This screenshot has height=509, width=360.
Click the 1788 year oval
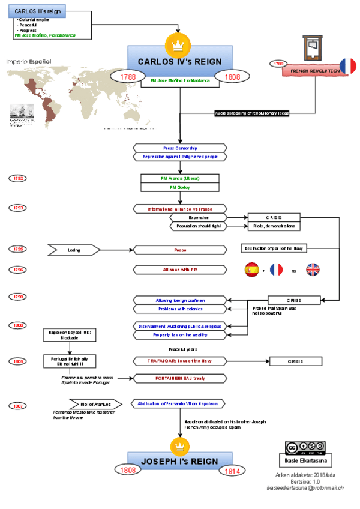click(128, 77)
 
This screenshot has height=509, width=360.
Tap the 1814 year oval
click(233, 471)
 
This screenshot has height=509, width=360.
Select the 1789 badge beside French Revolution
click(278, 64)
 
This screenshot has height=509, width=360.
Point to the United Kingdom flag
click(313, 270)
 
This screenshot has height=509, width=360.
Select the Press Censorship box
click(180, 148)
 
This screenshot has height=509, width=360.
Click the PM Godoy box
click(180, 187)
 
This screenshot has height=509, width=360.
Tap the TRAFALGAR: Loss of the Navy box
click(180, 361)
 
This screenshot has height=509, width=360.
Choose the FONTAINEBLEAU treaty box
click(180, 378)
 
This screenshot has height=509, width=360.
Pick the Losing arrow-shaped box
click(74, 250)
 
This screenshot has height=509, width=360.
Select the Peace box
click(180, 250)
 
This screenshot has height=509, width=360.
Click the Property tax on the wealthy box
click(180, 334)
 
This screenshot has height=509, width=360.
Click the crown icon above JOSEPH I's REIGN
click(179, 445)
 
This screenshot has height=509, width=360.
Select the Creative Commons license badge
click(305, 447)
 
